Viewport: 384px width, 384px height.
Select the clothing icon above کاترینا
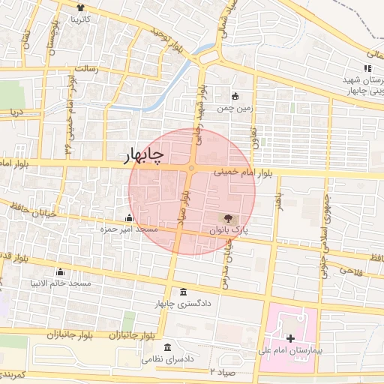(x=80, y=7)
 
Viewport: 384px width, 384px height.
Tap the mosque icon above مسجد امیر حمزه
(x=128, y=217)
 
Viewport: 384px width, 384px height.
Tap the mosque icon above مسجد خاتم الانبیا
(x=61, y=272)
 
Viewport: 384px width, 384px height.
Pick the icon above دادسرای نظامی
(x=166, y=349)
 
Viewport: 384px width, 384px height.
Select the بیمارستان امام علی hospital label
(x=299, y=350)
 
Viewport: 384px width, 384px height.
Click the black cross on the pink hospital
(x=291, y=339)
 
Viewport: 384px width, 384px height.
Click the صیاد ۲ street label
(x=223, y=371)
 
